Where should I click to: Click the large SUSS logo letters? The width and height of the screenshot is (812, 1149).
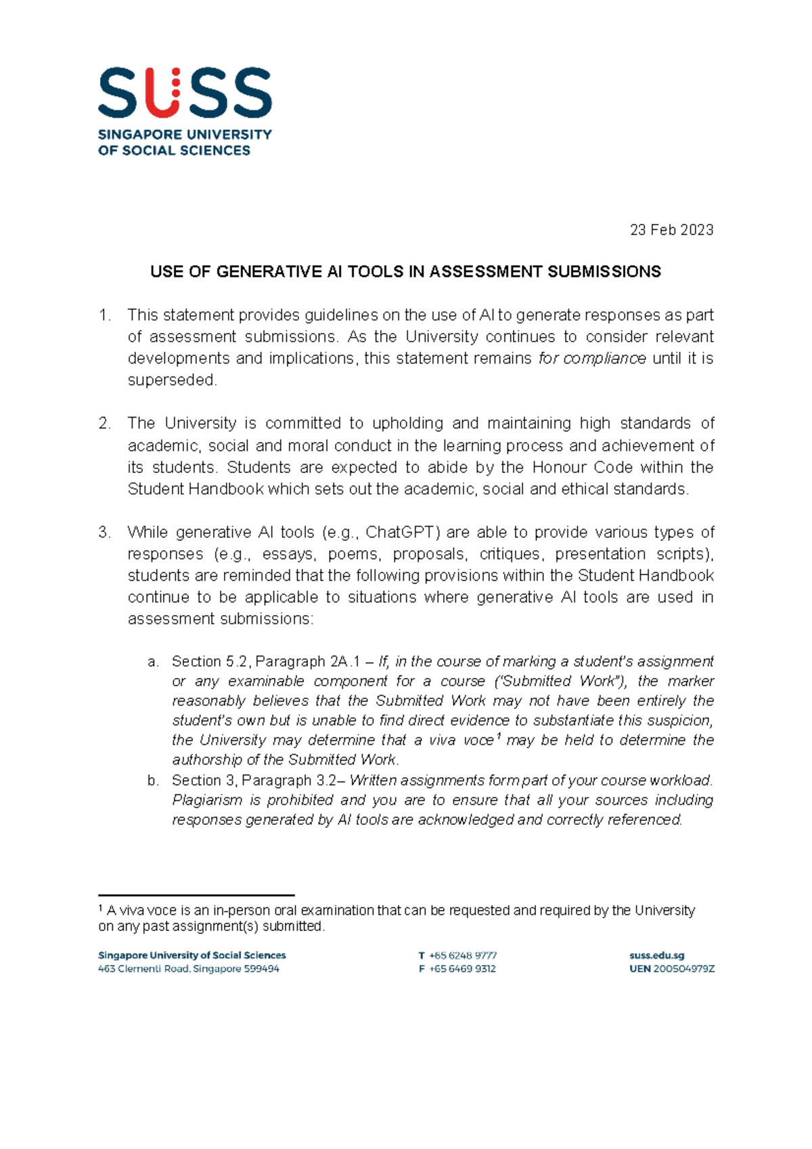[x=185, y=93]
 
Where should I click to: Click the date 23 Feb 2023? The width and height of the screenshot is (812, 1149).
[x=671, y=230]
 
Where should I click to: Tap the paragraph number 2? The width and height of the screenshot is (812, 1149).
[x=104, y=424]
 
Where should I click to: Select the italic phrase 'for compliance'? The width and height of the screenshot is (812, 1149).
[x=592, y=359]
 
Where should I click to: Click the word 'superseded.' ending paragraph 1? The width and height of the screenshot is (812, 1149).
[x=173, y=380]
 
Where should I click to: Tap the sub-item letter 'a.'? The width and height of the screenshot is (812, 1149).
[x=153, y=662]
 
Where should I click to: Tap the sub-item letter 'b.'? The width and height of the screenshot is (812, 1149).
[x=153, y=781]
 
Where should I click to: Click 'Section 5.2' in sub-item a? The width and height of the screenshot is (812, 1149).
[x=210, y=662]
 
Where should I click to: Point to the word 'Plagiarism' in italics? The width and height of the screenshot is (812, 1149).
[x=207, y=801]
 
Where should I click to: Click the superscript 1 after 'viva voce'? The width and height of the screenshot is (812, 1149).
[x=499, y=736]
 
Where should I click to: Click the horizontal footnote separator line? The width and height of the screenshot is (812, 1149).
[x=196, y=895]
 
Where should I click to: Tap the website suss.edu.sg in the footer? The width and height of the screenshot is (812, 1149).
[x=656, y=955]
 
